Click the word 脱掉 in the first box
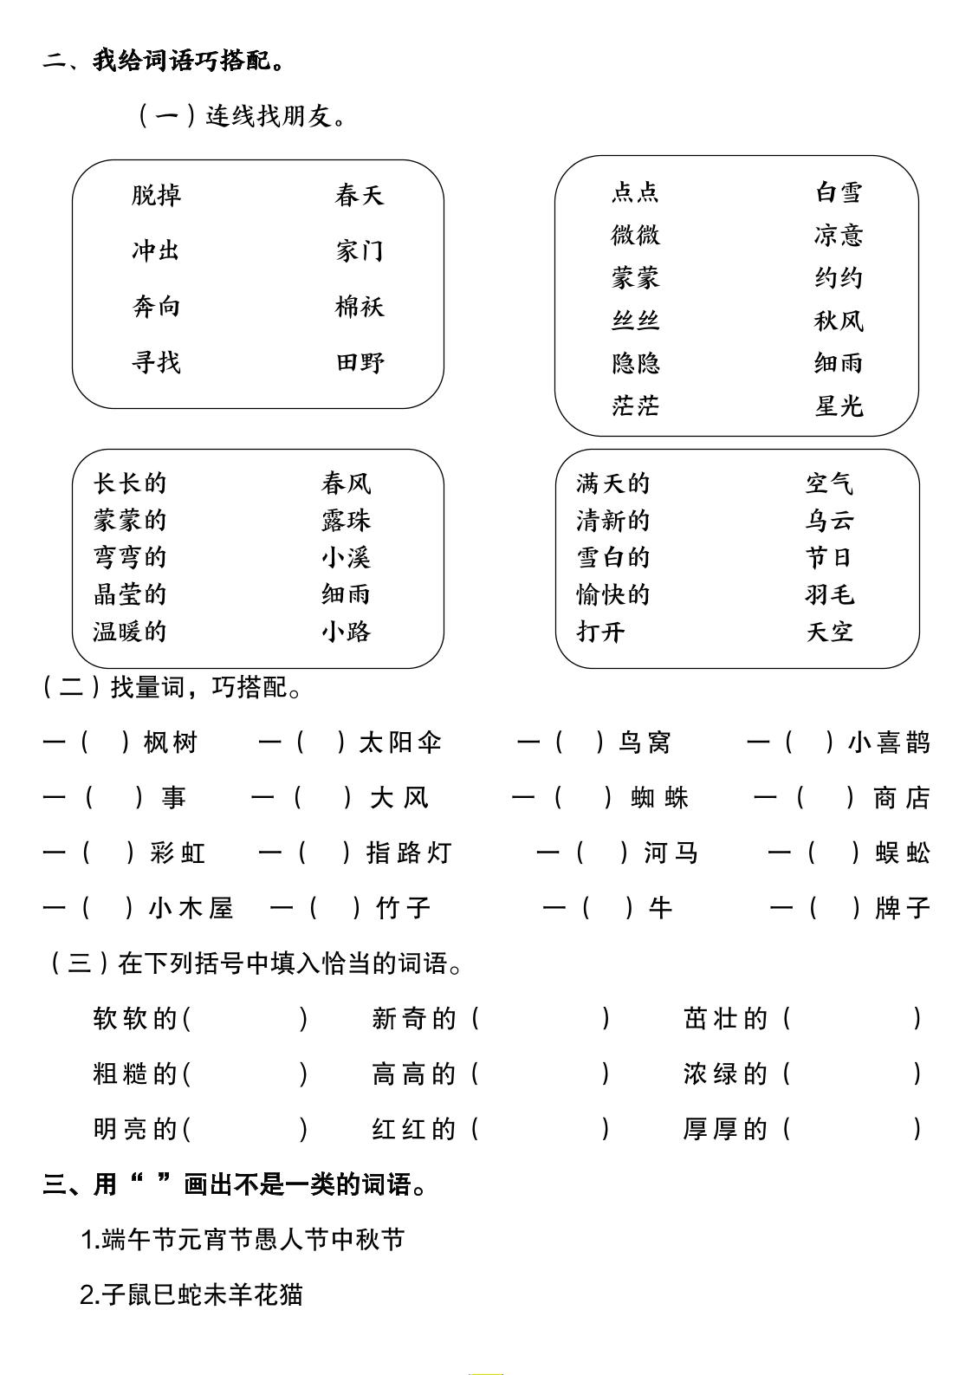(156, 195)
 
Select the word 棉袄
(360, 307)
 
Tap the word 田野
(360, 362)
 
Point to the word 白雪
(839, 191)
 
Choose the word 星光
(839, 405)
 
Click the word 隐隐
(635, 363)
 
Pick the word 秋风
(839, 321)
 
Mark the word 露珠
(346, 520)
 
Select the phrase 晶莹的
(130, 594)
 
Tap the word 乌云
(829, 520)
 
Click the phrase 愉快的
(612, 594)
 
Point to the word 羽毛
(829, 594)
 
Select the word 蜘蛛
(660, 798)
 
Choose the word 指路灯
(409, 853)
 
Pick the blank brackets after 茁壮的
(852, 1019)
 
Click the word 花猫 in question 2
(278, 1295)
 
